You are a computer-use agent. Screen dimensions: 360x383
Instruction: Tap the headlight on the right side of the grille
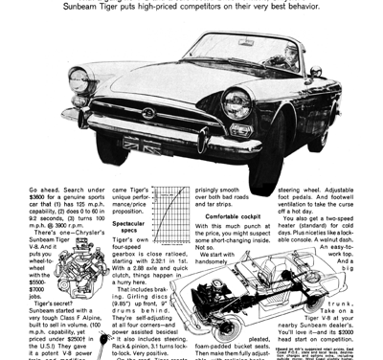tap(236, 101)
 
